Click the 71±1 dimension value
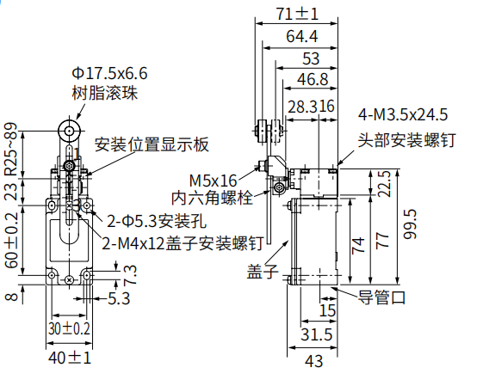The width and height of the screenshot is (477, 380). click(x=297, y=14)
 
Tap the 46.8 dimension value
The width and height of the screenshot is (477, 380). click(x=313, y=79)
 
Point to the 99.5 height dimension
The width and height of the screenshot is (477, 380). click(x=410, y=224)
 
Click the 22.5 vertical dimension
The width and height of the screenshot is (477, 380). click(x=384, y=184)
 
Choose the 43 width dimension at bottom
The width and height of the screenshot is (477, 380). click(x=313, y=361)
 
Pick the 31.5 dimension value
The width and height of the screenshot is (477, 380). click(x=317, y=334)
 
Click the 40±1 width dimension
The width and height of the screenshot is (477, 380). click(x=70, y=358)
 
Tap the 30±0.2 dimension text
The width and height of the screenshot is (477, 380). click(x=70, y=329)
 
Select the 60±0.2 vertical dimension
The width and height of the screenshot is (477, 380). click(x=11, y=240)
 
